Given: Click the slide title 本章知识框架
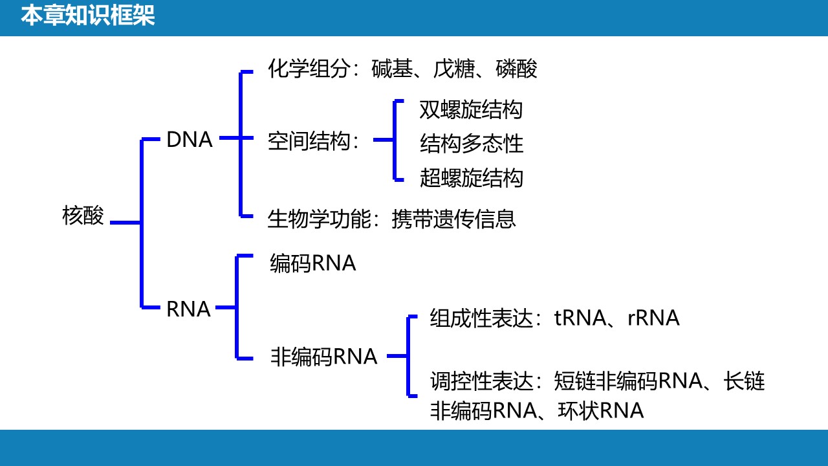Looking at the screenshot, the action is [x=87, y=16].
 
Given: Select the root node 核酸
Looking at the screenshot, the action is [x=83, y=216].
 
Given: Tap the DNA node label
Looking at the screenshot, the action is [x=190, y=140].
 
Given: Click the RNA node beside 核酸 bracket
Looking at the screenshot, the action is [x=188, y=309].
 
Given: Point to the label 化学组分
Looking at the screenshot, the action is [x=309, y=69].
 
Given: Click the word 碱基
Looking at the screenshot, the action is [x=392, y=69].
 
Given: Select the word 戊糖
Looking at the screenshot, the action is [x=454, y=69].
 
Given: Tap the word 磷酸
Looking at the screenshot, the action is [x=516, y=69].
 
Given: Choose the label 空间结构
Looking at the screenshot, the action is [x=309, y=141].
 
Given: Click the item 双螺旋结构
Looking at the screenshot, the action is [x=471, y=109].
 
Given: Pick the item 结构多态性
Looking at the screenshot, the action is [x=472, y=144].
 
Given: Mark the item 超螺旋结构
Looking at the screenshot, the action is [x=472, y=178].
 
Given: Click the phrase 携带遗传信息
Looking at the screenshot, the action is [x=453, y=219].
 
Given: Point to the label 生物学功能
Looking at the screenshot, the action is [x=319, y=219].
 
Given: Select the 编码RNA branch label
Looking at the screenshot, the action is [x=312, y=263].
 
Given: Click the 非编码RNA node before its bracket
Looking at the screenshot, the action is [x=324, y=357].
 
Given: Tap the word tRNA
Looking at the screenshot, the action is [x=580, y=318].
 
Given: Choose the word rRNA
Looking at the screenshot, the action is [x=653, y=318].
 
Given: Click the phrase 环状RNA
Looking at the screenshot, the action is [x=601, y=410].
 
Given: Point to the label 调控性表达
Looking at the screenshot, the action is [x=481, y=381].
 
